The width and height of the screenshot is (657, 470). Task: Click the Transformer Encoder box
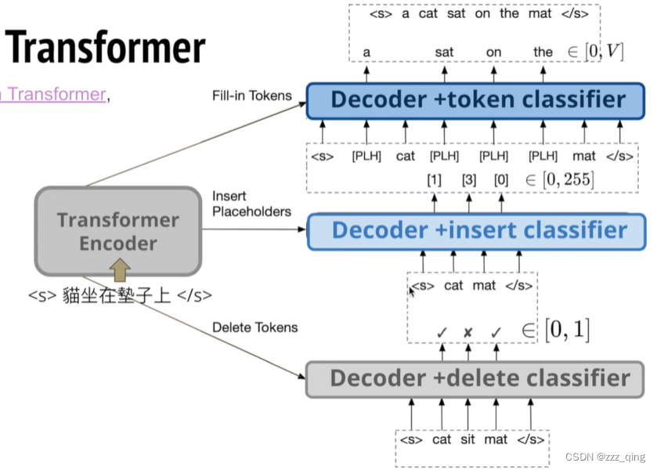click(117, 230)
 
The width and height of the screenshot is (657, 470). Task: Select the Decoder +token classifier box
click(478, 99)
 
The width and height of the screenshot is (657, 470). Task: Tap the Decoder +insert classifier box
click(478, 230)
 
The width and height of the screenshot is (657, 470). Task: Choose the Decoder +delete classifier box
click(479, 378)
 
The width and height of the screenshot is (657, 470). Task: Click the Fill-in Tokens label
click(251, 96)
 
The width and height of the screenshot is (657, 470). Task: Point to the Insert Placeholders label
click(251, 204)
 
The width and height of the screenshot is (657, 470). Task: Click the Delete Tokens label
click(254, 327)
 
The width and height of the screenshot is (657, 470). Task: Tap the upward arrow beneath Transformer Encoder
click(119, 271)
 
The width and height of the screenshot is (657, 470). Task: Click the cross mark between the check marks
click(467, 332)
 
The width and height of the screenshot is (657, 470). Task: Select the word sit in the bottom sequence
click(467, 439)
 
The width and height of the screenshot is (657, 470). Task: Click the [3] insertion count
click(468, 180)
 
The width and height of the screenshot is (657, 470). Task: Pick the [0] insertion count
click(500, 180)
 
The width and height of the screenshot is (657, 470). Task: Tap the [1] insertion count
click(434, 180)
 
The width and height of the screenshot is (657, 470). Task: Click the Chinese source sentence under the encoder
click(120, 296)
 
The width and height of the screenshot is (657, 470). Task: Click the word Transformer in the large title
click(107, 48)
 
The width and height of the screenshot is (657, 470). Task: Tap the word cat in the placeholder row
click(406, 156)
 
